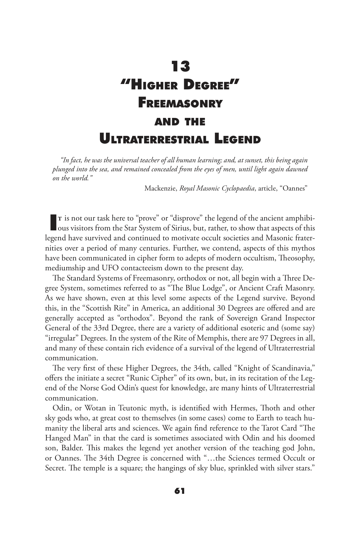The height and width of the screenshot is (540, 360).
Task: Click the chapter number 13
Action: pyautogui.click(x=181, y=67)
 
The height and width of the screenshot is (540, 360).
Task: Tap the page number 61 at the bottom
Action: pyautogui.click(x=180, y=491)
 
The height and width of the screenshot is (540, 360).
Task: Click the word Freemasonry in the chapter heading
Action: pyautogui.click(x=180, y=103)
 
